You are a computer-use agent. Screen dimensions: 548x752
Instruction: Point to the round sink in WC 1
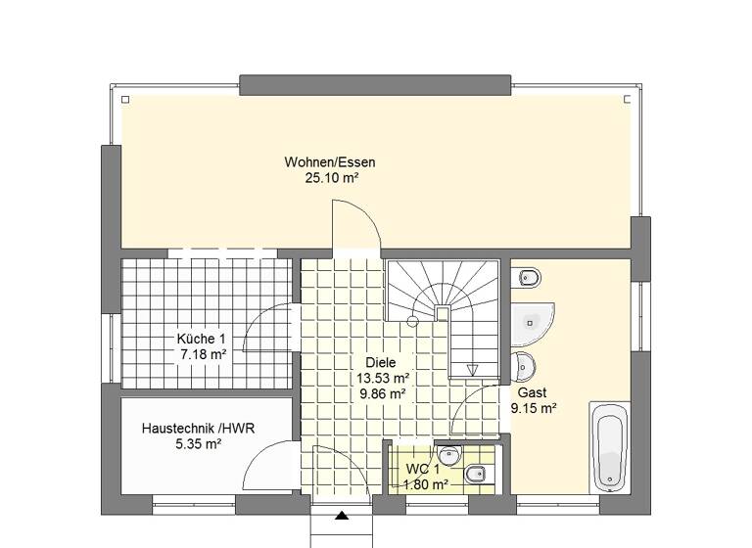[449, 455]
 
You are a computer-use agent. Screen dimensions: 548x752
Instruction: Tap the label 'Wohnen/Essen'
[330, 162]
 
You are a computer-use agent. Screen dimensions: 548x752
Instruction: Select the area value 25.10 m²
[330, 178]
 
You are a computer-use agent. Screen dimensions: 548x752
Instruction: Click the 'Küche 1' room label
[201, 339]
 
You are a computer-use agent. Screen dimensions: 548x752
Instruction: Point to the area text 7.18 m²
[203, 354]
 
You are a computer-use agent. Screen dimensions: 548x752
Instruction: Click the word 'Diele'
[383, 361]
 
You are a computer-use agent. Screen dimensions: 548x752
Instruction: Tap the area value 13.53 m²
[383, 377]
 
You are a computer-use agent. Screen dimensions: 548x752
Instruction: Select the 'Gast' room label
[518, 392]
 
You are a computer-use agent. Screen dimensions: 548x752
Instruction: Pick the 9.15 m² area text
[534, 408]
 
